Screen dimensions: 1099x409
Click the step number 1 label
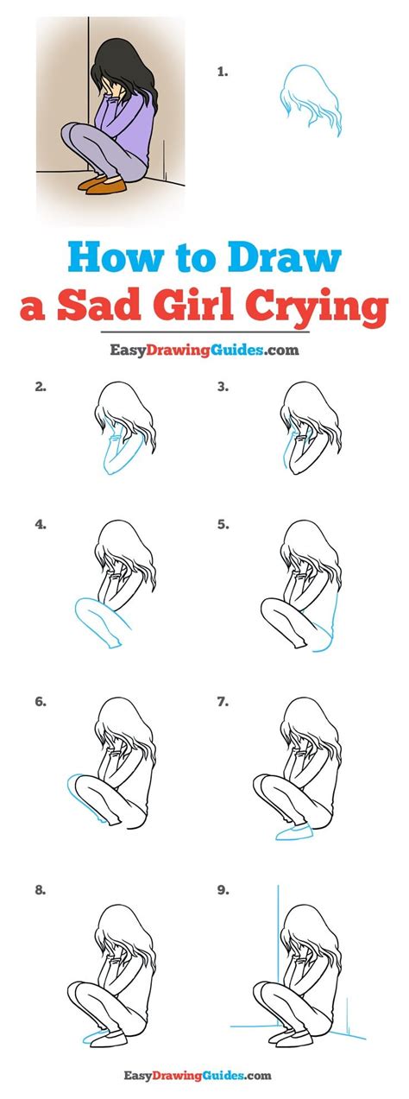(x=223, y=73)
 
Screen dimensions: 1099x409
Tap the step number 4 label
(x=40, y=523)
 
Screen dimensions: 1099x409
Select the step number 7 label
(x=223, y=704)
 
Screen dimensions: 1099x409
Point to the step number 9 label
(x=223, y=888)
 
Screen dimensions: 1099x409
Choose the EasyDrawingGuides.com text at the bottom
(x=204, y=1076)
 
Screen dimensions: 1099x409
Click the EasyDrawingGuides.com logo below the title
(x=204, y=351)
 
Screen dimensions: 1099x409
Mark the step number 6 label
(x=40, y=704)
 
